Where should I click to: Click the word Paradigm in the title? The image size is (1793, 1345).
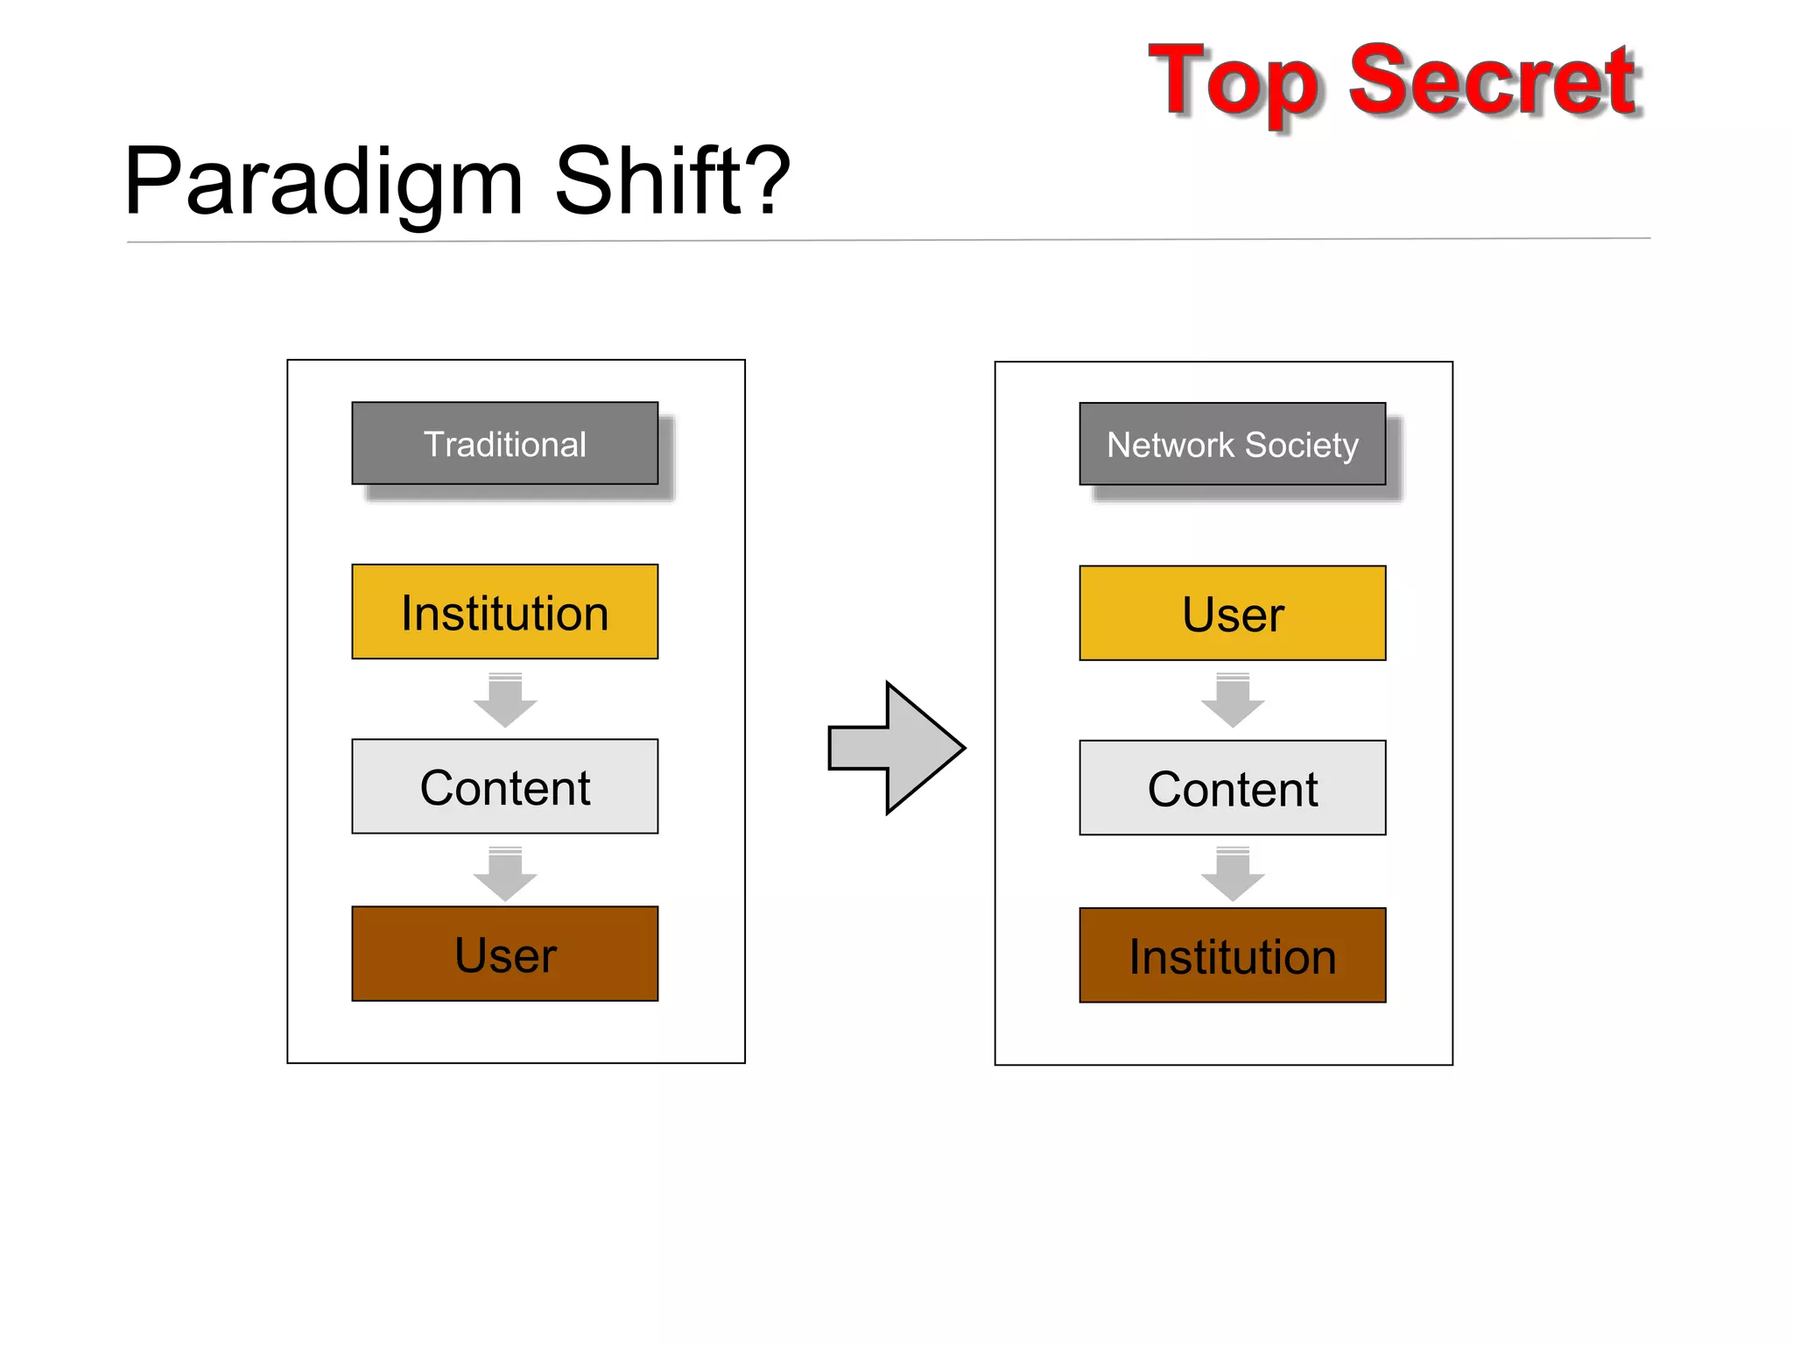tap(324, 184)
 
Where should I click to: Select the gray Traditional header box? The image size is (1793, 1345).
tap(504, 443)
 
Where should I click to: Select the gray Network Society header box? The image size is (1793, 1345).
tap(1232, 444)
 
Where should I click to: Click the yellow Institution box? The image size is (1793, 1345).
tap(504, 612)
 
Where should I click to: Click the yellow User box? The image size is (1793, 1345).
tap(1232, 613)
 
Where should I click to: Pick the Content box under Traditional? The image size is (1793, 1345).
tap(504, 786)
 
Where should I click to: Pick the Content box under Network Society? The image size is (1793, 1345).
tap(1232, 788)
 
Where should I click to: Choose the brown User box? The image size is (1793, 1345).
tap(504, 954)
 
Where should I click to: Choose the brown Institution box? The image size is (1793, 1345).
tap(1232, 955)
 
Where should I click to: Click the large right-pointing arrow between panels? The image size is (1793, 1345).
tap(897, 748)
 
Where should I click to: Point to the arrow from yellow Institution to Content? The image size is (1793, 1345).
tap(505, 700)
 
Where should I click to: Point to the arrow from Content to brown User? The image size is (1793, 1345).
tap(505, 874)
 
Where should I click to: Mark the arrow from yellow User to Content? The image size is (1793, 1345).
tap(1233, 700)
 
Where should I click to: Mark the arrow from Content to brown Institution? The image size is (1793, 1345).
tap(1233, 874)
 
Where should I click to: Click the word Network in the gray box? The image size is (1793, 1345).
tap(1170, 445)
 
